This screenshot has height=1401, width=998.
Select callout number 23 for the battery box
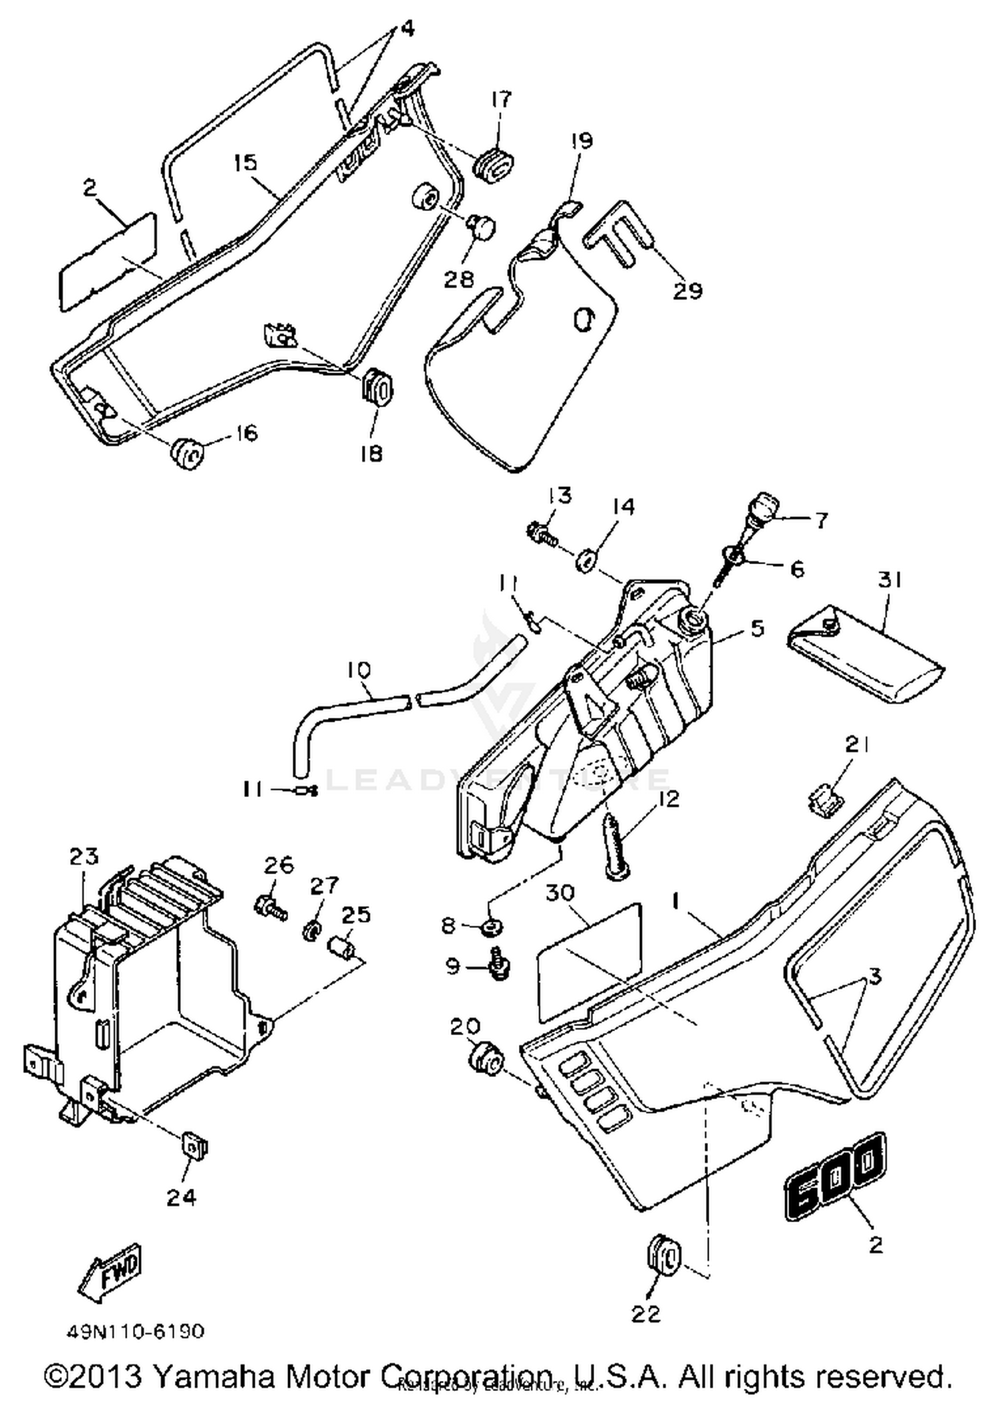[84, 856]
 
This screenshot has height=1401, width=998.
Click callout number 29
[687, 291]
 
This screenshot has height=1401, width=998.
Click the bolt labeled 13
[542, 534]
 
